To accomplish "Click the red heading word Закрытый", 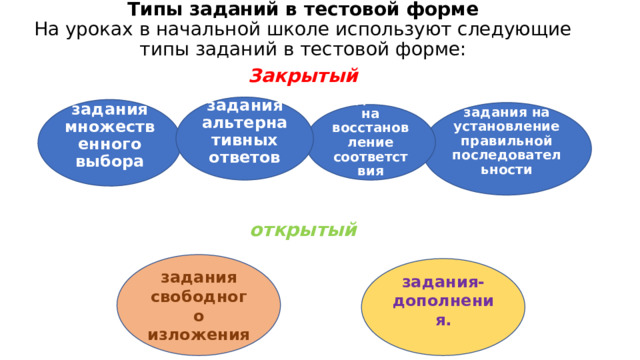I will (304, 77).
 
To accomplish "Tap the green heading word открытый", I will (304, 231).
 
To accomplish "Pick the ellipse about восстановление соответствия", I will (371, 143).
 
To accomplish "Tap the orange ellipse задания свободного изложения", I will (198, 304).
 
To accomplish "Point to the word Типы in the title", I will (149, 10).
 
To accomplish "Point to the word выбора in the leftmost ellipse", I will (109, 162).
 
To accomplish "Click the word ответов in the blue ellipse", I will (245, 157).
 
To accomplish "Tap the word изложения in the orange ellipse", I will (198, 334).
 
